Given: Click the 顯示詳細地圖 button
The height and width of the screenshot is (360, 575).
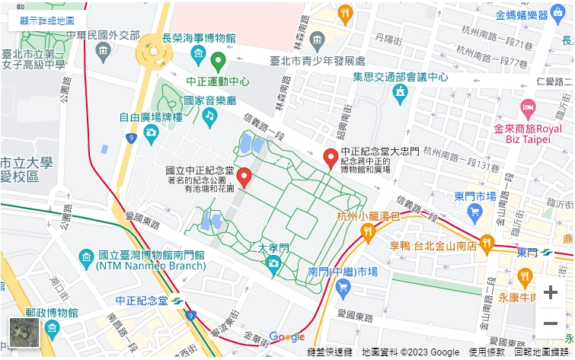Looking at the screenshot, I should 47,21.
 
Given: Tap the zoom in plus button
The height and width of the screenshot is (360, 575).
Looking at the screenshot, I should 550,293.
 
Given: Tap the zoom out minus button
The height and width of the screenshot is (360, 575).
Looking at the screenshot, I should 550,323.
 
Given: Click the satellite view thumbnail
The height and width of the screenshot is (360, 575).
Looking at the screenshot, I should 24,333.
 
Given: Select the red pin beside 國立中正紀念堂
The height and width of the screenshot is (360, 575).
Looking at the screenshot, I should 244,177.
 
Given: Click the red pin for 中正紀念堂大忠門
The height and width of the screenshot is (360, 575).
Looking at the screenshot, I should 331,158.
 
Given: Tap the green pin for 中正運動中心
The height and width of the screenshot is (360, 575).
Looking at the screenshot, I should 218,61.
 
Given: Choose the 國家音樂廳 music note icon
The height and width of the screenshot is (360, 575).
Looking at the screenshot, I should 209,116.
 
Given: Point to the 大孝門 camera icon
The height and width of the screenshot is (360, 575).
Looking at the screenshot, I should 273,263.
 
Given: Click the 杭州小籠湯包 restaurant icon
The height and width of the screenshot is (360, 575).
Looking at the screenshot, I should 368,231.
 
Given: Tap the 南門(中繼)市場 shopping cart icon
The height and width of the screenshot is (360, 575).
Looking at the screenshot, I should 343,287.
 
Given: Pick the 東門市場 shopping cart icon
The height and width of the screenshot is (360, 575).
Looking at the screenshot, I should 475,212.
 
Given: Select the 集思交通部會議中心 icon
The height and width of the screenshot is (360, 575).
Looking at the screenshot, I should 400,93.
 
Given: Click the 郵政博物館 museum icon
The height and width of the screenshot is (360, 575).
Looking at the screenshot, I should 52,329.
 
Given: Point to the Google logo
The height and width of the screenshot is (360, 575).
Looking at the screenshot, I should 286,337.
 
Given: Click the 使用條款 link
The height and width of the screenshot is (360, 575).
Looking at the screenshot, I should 486,352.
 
